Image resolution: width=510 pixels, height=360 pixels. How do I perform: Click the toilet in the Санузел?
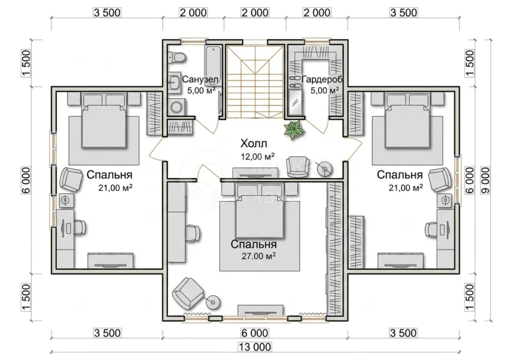coord(176,58)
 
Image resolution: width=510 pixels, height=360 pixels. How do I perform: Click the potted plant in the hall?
coord(295,130)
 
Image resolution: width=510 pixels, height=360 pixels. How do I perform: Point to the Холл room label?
coord(254,143)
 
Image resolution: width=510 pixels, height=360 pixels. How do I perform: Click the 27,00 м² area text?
coord(259,256)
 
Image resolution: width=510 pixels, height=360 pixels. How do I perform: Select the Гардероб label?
coord(322,79)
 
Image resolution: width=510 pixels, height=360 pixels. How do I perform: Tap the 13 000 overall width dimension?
coord(255,347)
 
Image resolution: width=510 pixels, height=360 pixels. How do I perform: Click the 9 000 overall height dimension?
coord(485,181)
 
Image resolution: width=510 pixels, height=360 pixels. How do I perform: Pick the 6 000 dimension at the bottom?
coord(255,333)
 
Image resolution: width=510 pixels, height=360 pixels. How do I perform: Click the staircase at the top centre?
coord(255,82)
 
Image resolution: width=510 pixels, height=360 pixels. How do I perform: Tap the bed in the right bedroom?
coord(408,121)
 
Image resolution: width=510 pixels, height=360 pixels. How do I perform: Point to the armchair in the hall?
coord(296,167)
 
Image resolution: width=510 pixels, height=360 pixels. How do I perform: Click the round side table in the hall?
coord(325,169)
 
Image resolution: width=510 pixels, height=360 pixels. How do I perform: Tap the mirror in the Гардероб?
coord(295,103)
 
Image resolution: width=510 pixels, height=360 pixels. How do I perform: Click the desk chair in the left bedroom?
coord(79,227)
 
